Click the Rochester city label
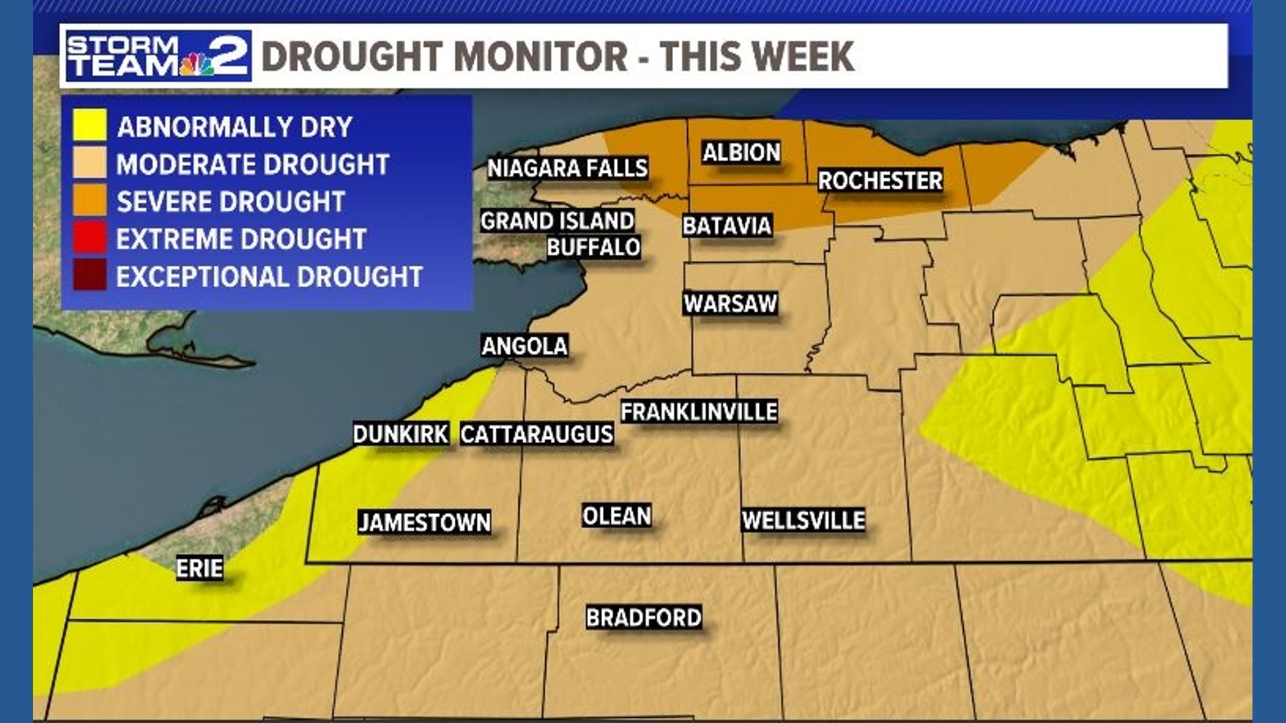pos(880,181)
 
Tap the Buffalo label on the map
pos(593,248)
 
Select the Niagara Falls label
pos(567,168)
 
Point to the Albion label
pos(741,153)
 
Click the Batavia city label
pos(727,226)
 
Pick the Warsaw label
pos(730,304)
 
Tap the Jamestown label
pos(425,522)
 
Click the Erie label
pos(199,568)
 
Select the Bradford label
pos(644,617)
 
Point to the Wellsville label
pos(803,520)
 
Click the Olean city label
pos(616,516)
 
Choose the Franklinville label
pos(699,412)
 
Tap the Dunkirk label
pos(401,434)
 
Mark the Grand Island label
pos(557,221)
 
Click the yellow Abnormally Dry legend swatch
pos(90,125)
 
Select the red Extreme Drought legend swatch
pos(90,238)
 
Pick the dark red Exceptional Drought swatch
pos(90,275)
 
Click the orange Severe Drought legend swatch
pos(90,200)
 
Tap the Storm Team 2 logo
pos(158,56)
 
